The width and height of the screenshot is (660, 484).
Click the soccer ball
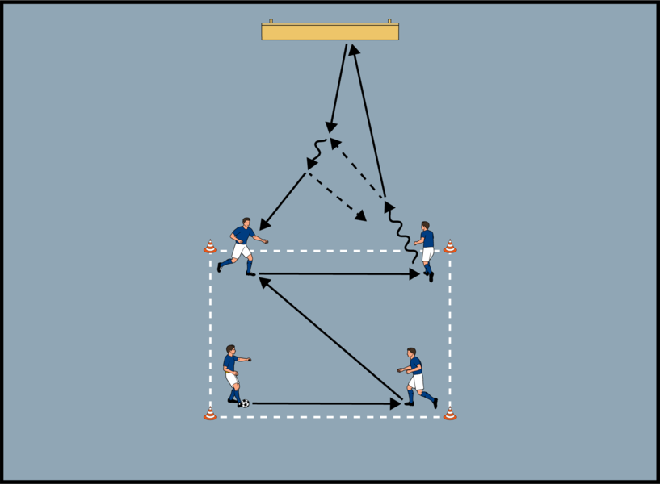[245, 403]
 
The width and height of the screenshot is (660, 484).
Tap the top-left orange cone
[210, 247]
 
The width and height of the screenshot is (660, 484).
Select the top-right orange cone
[450, 247]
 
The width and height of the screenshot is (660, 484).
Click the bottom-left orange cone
[210, 414]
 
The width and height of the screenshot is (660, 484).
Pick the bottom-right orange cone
[450, 414]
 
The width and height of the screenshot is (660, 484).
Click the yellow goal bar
[330, 31]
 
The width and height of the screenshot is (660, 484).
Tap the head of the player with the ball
[231, 350]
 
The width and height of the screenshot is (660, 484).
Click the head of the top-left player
[247, 222]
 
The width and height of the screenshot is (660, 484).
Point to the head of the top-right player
[425, 227]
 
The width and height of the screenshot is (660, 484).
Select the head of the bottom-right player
[412, 353]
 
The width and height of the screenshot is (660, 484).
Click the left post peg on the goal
[271, 21]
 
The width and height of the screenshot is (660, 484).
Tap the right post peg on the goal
[389, 21]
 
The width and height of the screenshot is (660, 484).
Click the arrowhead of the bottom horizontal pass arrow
[396, 403]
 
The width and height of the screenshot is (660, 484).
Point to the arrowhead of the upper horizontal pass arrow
[414, 274]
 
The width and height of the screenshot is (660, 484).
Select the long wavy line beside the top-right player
[401, 233]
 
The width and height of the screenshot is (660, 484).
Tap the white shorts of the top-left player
[240, 251]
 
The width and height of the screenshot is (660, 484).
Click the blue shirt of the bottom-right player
[415, 365]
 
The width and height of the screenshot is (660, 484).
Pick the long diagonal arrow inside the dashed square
[331, 339]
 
